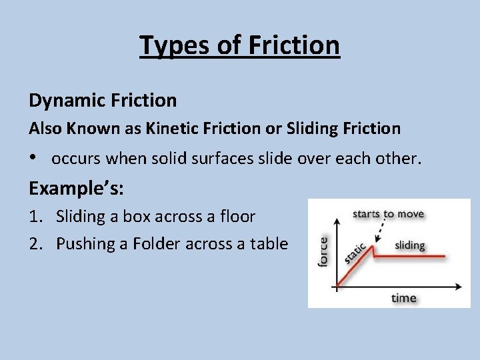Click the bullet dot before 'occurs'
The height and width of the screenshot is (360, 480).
click(x=33, y=159)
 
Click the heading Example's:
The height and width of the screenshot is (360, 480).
click(x=76, y=188)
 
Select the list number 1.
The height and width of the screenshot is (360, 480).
click(x=35, y=217)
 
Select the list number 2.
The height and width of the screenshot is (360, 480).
click(x=35, y=244)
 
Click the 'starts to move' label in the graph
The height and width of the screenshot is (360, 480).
click(x=388, y=214)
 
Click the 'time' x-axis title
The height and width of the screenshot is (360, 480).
click(x=403, y=298)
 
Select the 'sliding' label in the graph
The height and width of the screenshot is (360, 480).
click(x=409, y=245)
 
